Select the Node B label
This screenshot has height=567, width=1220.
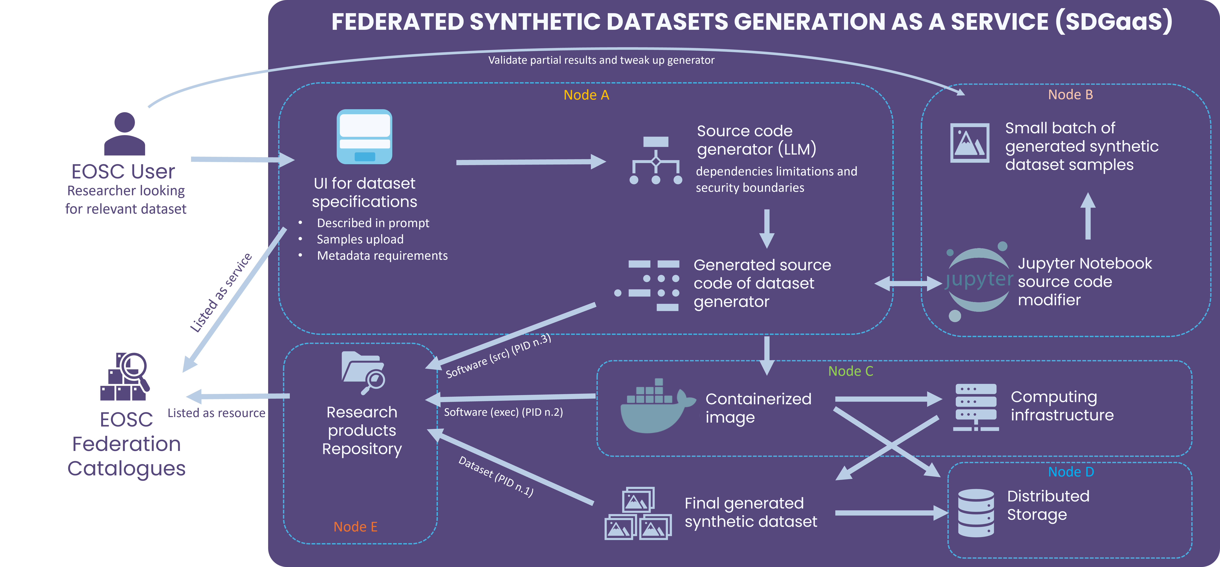[1070, 95]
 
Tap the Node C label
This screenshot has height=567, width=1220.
[851, 371]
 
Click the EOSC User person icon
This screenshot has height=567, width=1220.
[125, 134]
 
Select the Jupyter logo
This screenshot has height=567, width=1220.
[978, 281]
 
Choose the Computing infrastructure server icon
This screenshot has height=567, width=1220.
[976, 407]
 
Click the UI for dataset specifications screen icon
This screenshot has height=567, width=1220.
[364, 137]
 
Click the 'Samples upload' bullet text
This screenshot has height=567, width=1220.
[360, 240]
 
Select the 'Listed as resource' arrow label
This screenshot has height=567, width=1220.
[216, 413]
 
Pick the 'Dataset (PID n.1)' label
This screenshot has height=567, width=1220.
[496, 477]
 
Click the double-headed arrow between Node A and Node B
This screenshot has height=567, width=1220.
[907, 284]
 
